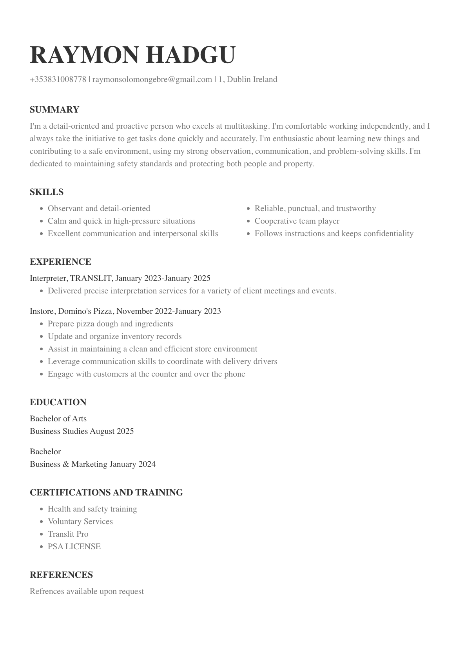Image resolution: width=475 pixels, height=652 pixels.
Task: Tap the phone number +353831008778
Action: (58, 79)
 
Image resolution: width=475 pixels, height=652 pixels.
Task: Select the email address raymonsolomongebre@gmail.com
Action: (152, 79)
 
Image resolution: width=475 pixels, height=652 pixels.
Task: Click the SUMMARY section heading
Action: (54, 109)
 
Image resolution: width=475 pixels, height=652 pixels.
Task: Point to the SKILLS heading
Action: (47, 192)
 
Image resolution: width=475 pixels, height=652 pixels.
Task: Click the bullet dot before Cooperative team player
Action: (248, 221)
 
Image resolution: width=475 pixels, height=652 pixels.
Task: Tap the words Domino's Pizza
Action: (86, 311)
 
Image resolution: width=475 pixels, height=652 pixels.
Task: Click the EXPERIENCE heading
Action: (60, 262)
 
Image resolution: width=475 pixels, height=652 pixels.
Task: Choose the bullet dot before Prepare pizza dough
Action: (42, 324)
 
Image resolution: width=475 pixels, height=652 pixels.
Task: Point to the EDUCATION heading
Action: (58, 402)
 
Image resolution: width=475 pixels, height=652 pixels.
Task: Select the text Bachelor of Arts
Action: (58, 419)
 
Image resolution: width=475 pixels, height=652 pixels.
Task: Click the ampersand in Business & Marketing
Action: (66, 464)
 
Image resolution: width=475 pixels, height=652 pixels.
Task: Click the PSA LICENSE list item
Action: (74, 546)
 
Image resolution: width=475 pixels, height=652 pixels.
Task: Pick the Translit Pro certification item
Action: (68, 534)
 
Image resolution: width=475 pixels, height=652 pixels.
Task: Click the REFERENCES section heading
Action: (61, 575)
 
